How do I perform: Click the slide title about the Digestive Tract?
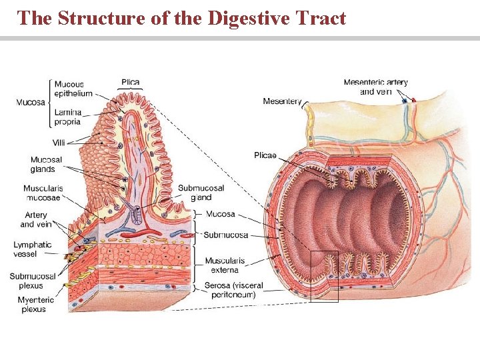click(x=182, y=17)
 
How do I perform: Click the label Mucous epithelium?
click(x=73, y=89)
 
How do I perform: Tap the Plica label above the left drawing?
click(x=131, y=83)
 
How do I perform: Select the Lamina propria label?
click(x=67, y=117)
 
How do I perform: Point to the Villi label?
click(x=59, y=143)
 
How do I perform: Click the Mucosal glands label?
click(x=46, y=164)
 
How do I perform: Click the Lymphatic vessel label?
click(x=32, y=249)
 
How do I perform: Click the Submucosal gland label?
click(x=201, y=193)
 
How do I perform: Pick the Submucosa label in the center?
click(x=225, y=235)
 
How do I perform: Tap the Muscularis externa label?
click(x=225, y=265)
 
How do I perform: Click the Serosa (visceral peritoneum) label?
click(x=233, y=290)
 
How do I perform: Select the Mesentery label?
click(x=282, y=101)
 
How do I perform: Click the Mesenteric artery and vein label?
click(x=375, y=87)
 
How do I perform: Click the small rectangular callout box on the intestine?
click(x=325, y=276)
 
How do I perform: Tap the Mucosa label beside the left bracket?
click(x=31, y=102)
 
